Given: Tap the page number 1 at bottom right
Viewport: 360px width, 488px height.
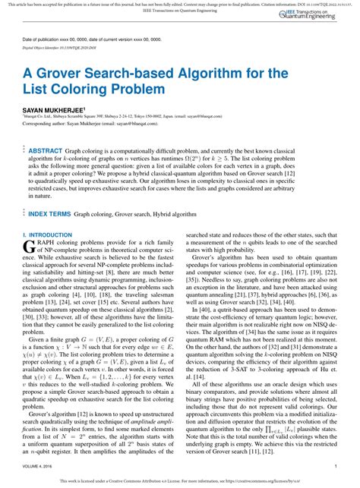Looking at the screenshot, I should pos(335,467).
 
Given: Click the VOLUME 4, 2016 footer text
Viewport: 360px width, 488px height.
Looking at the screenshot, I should pos(41,467).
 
